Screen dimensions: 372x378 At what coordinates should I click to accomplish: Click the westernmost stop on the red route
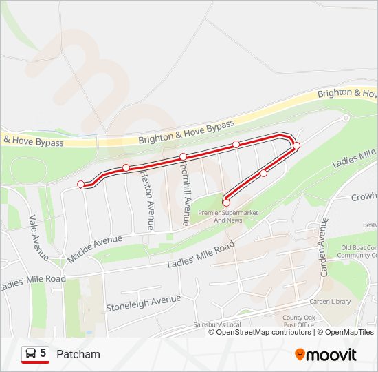pyautogui.click(x=81, y=184)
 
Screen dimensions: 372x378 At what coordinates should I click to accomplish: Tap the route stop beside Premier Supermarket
pyautogui.click(x=226, y=203)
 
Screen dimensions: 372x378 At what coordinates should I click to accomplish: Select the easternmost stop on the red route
pyautogui.click(x=297, y=145)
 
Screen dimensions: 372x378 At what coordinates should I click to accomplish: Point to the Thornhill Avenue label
pyautogui.click(x=184, y=193)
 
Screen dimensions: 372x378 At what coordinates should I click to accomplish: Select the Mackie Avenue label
pyautogui.click(x=94, y=249)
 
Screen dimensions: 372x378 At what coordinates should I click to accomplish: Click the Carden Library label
pyautogui.click(x=331, y=301)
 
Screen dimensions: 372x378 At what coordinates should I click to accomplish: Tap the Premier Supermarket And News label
pyautogui.click(x=228, y=216)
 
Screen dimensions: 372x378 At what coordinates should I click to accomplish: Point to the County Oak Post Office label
pyautogui.click(x=298, y=321)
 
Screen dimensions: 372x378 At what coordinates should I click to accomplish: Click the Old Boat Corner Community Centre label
pyautogui.click(x=358, y=251)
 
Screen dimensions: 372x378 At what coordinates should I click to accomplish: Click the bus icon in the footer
pyautogui.click(x=30, y=353)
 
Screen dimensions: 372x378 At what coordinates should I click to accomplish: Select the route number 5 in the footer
pyautogui.click(x=43, y=353)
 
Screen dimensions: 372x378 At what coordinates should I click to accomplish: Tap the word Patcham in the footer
pyautogui.click(x=78, y=354)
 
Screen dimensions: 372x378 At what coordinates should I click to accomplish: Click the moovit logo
pyautogui.click(x=326, y=354)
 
